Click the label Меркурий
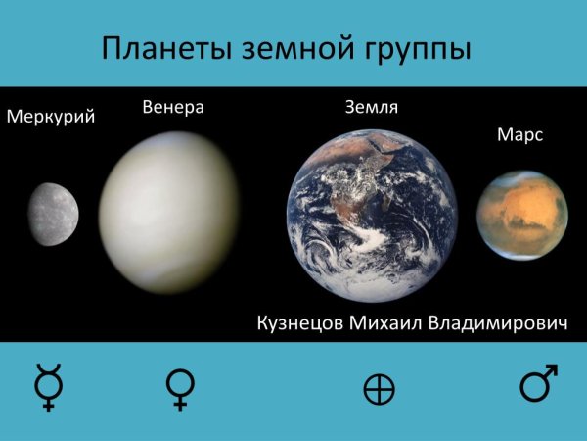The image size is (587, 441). (50, 119)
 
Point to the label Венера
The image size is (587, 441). (172, 107)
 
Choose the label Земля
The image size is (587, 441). (371, 107)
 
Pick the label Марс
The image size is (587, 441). (519, 135)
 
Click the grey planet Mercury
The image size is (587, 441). (54, 213)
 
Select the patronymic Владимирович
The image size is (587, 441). (499, 323)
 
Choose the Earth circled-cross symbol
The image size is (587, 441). (378, 390)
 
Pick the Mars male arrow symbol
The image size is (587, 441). (538, 384)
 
